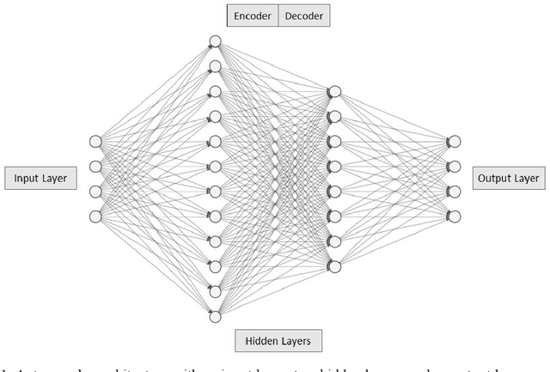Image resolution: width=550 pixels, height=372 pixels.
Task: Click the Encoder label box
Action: (252, 15)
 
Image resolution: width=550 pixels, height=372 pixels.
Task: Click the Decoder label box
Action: (304, 15)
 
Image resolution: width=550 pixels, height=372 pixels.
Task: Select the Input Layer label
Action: (40, 179)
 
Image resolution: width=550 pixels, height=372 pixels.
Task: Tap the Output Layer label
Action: (508, 179)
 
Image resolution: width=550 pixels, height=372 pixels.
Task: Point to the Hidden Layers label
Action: (278, 341)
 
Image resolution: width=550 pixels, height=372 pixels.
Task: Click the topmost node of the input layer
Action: (96, 142)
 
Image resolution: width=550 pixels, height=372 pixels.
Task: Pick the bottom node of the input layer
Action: (96, 216)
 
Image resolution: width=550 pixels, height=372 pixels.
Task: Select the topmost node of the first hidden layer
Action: (216, 41)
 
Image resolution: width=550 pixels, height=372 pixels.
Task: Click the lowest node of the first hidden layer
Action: (216, 316)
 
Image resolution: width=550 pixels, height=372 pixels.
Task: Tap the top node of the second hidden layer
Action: (335, 91)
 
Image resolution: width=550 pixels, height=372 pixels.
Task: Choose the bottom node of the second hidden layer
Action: (335, 266)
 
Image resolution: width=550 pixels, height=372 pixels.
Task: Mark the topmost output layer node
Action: (455, 142)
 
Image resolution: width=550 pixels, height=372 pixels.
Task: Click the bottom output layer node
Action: (455, 216)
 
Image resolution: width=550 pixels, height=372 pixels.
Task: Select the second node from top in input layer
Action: (96, 167)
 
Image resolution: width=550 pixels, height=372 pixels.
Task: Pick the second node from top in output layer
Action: (455, 167)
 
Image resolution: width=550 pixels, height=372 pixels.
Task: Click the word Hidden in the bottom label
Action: (259, 341)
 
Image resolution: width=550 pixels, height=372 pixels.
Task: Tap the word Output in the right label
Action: (494, 179)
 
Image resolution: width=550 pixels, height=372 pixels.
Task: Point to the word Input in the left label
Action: (26, 179)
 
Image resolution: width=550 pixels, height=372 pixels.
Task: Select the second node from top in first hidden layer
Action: (216, 66)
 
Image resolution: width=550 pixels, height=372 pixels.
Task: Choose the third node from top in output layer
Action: (455, 192)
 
